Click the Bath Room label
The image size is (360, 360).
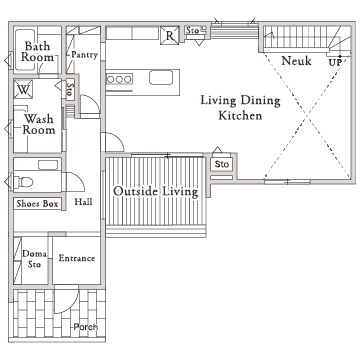tap(37, 51)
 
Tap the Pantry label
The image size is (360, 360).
tap(84, 55)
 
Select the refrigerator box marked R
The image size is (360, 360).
tap(170, 35)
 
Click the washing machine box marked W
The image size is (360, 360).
tap(23, 89)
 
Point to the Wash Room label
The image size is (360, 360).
tap(39, 124)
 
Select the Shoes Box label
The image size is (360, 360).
tap(37, 204)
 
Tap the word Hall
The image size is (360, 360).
tap(83, 201)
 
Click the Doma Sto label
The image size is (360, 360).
tap(34, 259)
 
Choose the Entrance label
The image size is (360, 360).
tap(77, 258)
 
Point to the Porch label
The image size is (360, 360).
tap(86, 327)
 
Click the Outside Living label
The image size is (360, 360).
tap(156, 192)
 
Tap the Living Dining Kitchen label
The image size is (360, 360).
tap(240, 108)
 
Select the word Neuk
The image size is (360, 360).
tap(296, 61)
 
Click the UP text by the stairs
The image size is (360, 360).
tap(335, 63)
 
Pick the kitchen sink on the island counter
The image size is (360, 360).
tap(161, 78)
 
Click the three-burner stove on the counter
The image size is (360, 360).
tap(119, 79)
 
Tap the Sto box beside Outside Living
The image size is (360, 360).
tap(222, 164)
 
